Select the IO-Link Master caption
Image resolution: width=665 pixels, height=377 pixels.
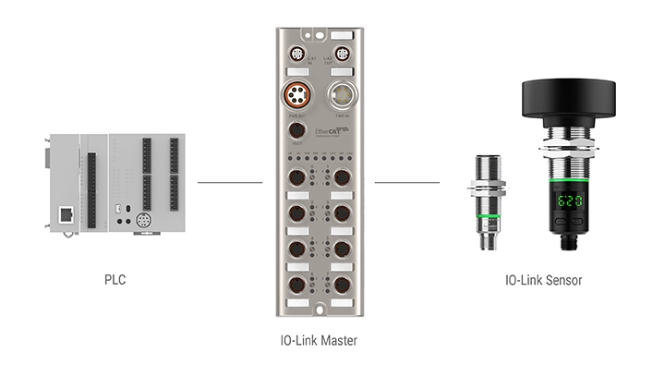click(318, 341)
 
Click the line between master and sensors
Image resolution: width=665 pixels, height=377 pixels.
click(407, 182)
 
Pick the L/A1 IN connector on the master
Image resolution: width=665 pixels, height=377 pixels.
click(297, 54)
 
